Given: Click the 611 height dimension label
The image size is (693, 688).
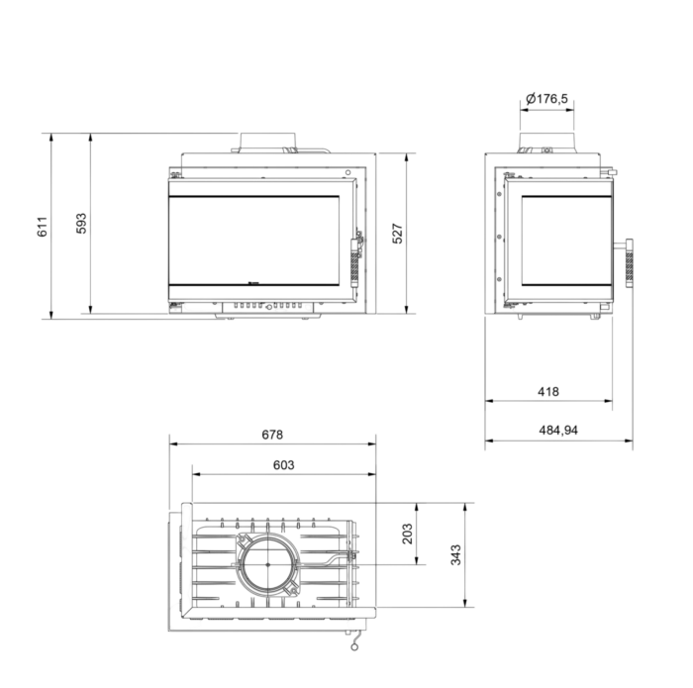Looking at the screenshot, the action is (x=42, y=227).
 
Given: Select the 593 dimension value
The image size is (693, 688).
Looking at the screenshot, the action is (x=81, y=224).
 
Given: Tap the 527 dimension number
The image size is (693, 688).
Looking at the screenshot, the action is (x=397, y=234).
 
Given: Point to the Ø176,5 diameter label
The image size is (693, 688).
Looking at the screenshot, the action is (x=546, y=98).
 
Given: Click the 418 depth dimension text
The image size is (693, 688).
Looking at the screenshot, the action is (x=548, y=391).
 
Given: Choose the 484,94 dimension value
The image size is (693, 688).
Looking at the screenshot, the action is (x=558, y=430).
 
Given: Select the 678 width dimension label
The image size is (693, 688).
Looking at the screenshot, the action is (x=272, y=435).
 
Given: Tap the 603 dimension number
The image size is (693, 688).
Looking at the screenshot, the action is (x=283, y=465).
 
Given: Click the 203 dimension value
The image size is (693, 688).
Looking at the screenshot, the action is (x=407, y=534).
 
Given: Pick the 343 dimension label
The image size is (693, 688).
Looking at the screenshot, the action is (x=455, y=554).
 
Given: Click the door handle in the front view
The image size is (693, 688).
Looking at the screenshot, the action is (x=355, y=262).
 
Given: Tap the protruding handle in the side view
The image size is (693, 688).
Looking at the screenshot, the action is (x=628, y=263).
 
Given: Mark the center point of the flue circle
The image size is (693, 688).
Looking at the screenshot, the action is (x=268, y=564).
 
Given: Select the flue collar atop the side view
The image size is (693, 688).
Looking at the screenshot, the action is (x=546, y=143).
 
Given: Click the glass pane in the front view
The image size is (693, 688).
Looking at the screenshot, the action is (x=253, y=241).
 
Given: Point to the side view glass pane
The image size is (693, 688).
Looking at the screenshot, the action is (x=566, y=241).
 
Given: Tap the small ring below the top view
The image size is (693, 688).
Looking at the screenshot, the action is (x=354, y=646).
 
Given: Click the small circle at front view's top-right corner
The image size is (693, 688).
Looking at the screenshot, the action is (x=347, y=172).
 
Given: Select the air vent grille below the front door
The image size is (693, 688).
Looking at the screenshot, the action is (x=268, y=306).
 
